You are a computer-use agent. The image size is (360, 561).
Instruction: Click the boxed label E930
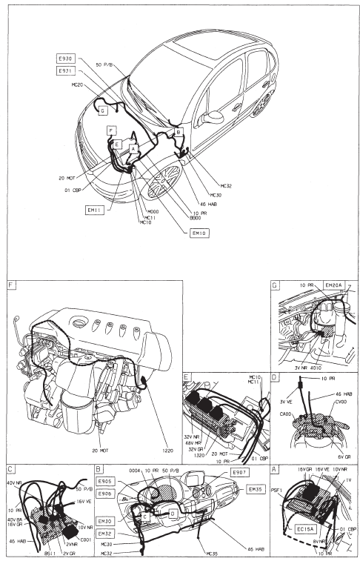point(65,59)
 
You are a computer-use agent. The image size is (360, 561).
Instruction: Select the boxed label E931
point(65,71)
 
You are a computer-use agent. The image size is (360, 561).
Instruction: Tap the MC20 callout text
point(78,85)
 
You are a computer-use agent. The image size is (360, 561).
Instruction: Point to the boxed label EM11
point(95,210)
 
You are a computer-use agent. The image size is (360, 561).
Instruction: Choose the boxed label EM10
point(199,233)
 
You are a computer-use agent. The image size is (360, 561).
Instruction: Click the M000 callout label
point(153,212)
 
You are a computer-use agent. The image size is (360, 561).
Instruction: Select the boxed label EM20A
point(334,285)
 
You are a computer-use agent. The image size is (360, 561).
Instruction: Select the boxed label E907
point(240,472)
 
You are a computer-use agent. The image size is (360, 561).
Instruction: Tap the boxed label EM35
point(256,489)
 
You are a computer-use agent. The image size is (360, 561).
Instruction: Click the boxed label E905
point(106,481)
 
